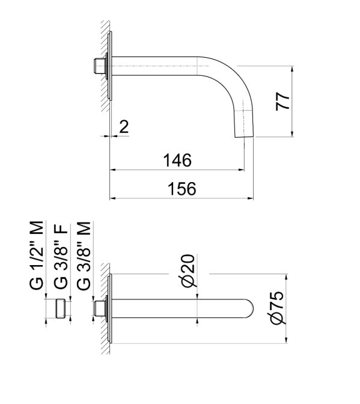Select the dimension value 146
pos(177,161)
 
